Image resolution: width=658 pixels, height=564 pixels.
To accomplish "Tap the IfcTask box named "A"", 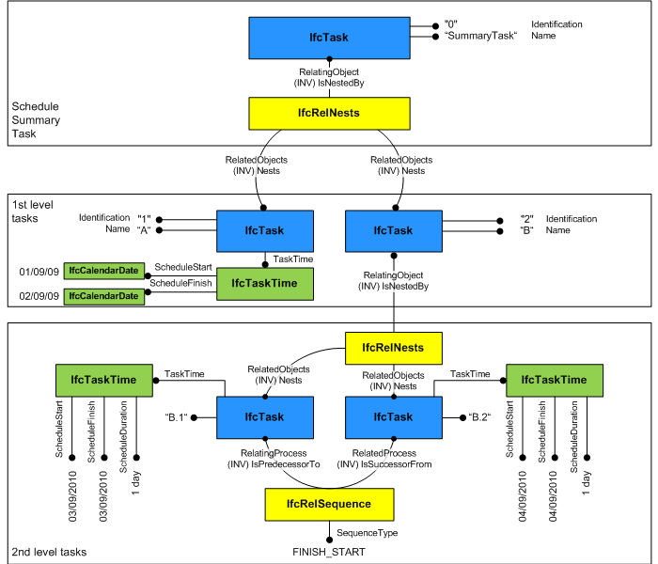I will click(x=264, y=230).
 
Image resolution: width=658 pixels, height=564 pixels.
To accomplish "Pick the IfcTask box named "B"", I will click(x=393, y=230).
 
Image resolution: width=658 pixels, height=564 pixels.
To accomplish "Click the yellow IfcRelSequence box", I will click(x=328, y=504).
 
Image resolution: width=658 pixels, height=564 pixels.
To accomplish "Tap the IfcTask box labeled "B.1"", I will click(x=264, y=416).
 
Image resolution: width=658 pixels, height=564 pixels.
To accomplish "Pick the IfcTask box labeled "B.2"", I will click(x=393, y=416).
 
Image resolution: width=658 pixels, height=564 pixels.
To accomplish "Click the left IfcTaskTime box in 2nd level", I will click(x=103, y=380).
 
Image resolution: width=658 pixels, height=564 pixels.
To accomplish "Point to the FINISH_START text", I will click(x=328, y=552).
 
